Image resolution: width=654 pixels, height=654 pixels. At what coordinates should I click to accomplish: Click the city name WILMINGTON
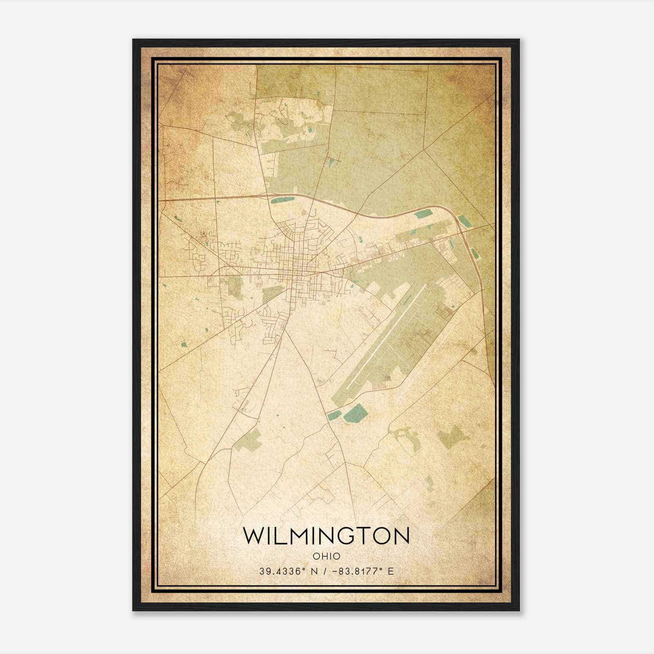tap(326, 536)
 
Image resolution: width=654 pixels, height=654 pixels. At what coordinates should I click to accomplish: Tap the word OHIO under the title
tap(326, 556)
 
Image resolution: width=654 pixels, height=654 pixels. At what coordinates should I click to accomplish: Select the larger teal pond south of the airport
tap(354, 413)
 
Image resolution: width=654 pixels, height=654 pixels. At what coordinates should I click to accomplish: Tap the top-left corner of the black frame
tap(134, 40)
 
